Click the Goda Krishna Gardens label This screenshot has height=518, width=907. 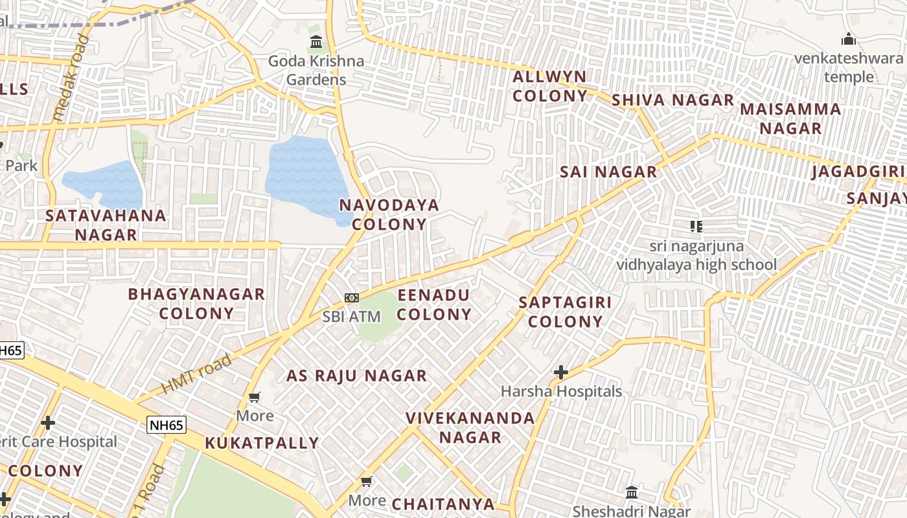(316, 71)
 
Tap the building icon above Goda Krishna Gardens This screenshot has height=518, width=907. (316, 43)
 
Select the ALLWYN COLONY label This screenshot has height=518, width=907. (550, 86)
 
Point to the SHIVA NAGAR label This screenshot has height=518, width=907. (672, 100)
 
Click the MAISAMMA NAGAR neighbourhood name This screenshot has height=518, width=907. (790, 118)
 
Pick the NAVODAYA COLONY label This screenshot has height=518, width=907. (389, 214)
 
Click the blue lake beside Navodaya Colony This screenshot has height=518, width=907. (304, 174)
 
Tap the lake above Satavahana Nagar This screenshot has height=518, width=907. (104, 183)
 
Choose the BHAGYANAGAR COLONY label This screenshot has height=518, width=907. (196, 304)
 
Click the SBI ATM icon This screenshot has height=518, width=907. (352, 298)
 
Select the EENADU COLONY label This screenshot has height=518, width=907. (434, 305)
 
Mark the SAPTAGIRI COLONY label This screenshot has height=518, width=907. (566, 312)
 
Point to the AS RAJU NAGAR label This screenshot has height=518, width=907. (357, 376)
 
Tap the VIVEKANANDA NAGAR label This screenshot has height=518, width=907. (470, 427)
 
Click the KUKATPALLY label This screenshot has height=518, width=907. (262, 444)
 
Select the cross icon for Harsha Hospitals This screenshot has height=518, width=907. (561, 372)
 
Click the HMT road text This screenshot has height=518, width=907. (196, 374)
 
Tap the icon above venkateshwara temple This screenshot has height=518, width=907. (848, 39)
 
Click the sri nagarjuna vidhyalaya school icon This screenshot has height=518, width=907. (696, 227)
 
